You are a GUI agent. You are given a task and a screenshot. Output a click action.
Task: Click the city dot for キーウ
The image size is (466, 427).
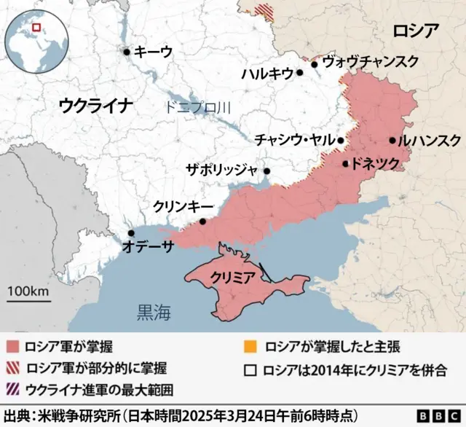pos(127,52)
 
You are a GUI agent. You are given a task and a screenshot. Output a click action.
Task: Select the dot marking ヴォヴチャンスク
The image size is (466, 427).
pos(315,64)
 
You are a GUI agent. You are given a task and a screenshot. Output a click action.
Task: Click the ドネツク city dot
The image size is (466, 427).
pos(346,164)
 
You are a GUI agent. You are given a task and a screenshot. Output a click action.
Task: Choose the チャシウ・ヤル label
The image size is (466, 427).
pos(294,140)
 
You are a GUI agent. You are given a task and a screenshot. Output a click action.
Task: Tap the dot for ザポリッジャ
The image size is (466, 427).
pos(267,172)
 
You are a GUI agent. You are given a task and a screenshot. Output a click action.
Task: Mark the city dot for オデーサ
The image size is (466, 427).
pos(131,233)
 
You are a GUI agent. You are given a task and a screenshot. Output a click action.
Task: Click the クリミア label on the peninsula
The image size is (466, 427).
pos(232,277)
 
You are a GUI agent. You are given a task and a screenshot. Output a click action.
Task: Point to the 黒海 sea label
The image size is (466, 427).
pos(154,313)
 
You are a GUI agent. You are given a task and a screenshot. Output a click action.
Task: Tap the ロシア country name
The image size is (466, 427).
pos(415,31)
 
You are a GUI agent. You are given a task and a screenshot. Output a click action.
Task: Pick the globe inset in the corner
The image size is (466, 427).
pos(34,39)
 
